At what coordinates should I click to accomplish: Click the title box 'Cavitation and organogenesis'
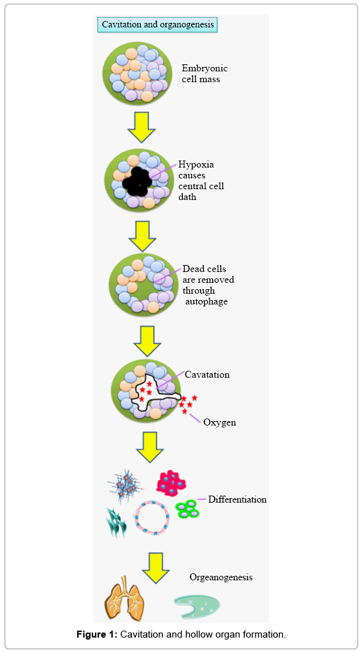tap(157, 25)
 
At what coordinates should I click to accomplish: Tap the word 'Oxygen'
tap(220, 423)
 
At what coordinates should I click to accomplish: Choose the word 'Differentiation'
tap(237, 499)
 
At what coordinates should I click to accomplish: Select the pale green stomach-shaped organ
tap(197, 606)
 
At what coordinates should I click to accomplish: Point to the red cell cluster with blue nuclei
tap(171, 482)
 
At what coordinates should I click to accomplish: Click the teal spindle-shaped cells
tap(116, 522)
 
